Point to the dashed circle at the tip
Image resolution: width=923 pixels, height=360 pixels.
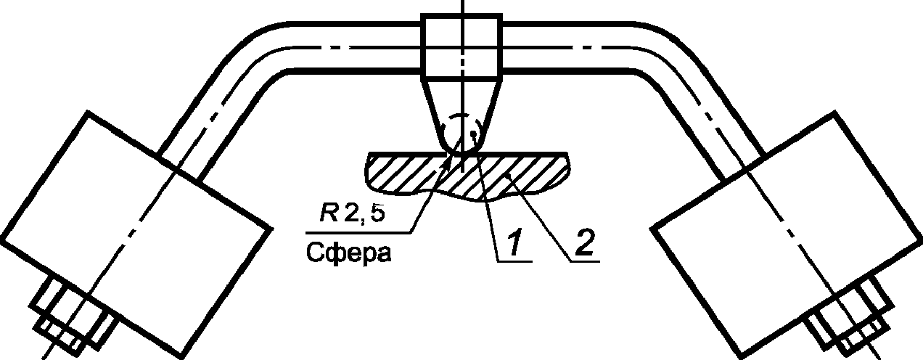tap(461, 131)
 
